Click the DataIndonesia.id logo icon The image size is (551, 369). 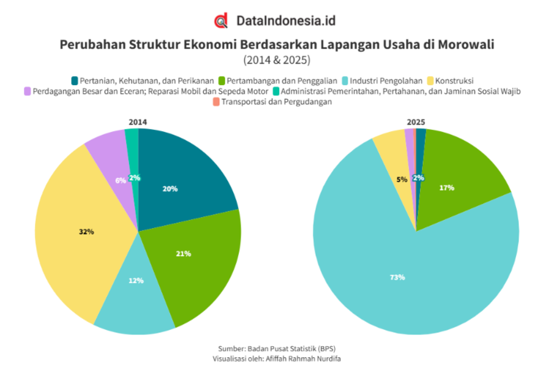(x=221, y=20)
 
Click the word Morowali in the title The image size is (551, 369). (x=466, y=45)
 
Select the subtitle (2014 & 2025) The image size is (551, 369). (x=277, y=60)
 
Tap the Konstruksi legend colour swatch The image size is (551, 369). (x=430, y=81)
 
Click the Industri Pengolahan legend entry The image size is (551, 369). (x=382, y=81)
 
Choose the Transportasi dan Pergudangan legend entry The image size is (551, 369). (x=272, y=102)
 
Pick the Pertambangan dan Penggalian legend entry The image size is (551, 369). (x=277, y=81)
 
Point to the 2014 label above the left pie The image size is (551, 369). (x=138, y=122)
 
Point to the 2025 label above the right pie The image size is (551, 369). (x=416, y=122)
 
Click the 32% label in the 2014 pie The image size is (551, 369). (x=86, y=232)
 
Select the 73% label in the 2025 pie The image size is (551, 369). (x=397, y=277)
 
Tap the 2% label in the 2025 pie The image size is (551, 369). (x=418, y=178)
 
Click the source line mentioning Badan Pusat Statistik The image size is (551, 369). (x=277, y=349)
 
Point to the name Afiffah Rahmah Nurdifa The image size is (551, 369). (x=303, y=359)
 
